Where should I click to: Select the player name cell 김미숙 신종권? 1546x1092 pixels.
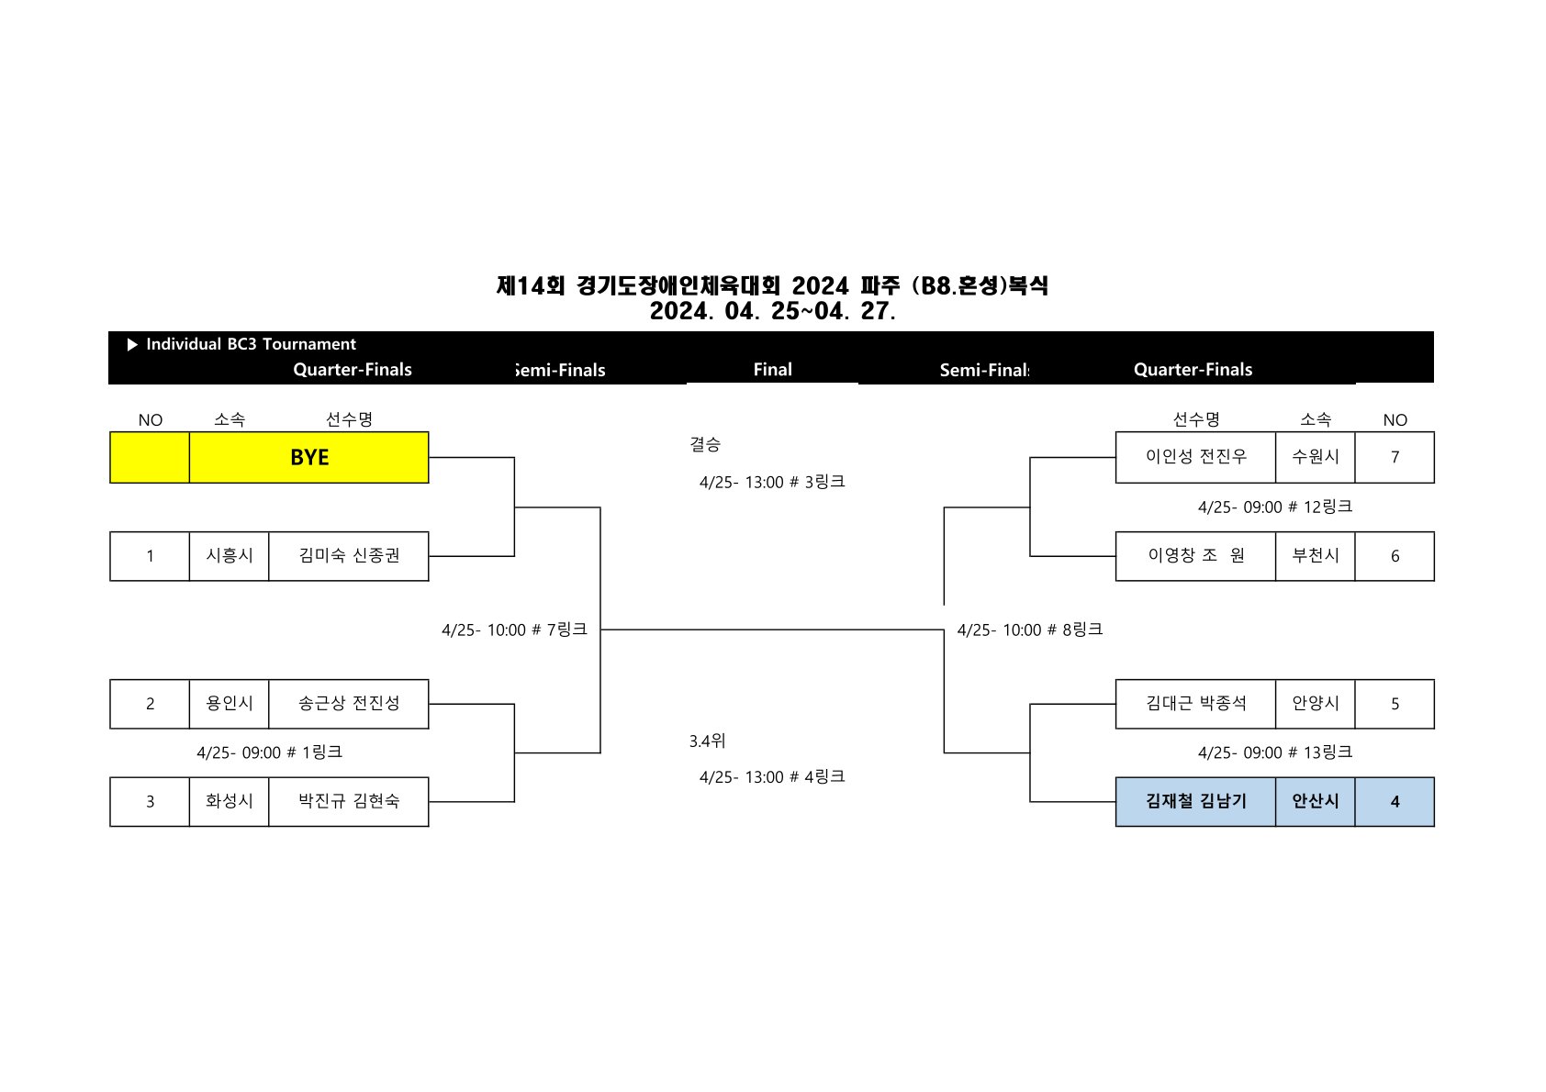(349, 556)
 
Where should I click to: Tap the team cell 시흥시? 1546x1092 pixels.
(230, 556)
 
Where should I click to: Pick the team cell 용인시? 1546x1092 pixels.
(230, 704)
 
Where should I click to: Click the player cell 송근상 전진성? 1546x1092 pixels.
(349, 704)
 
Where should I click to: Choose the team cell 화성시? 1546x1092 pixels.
(230, 802)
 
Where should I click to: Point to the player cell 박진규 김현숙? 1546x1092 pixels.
(349, 802)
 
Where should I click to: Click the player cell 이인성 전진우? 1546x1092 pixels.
(1195, 457)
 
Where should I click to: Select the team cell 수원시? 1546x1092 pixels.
(1315, 457)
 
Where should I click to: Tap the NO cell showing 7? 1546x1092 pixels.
(1395, 457)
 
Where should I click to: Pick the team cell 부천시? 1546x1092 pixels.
(1315, 556)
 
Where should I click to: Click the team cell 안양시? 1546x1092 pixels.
(1315, 704)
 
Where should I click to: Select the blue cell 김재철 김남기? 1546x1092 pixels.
(1195, 802)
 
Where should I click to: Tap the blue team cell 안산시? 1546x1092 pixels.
(1315, 802)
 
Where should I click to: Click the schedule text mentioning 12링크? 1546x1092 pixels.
(1275, 507)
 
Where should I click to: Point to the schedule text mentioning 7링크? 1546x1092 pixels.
(514, 630)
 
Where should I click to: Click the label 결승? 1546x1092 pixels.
(705, 444)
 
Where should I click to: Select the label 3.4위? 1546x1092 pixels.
(707, 741)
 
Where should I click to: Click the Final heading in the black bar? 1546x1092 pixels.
(772, 370)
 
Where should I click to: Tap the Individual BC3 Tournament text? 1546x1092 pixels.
(251, 344)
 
